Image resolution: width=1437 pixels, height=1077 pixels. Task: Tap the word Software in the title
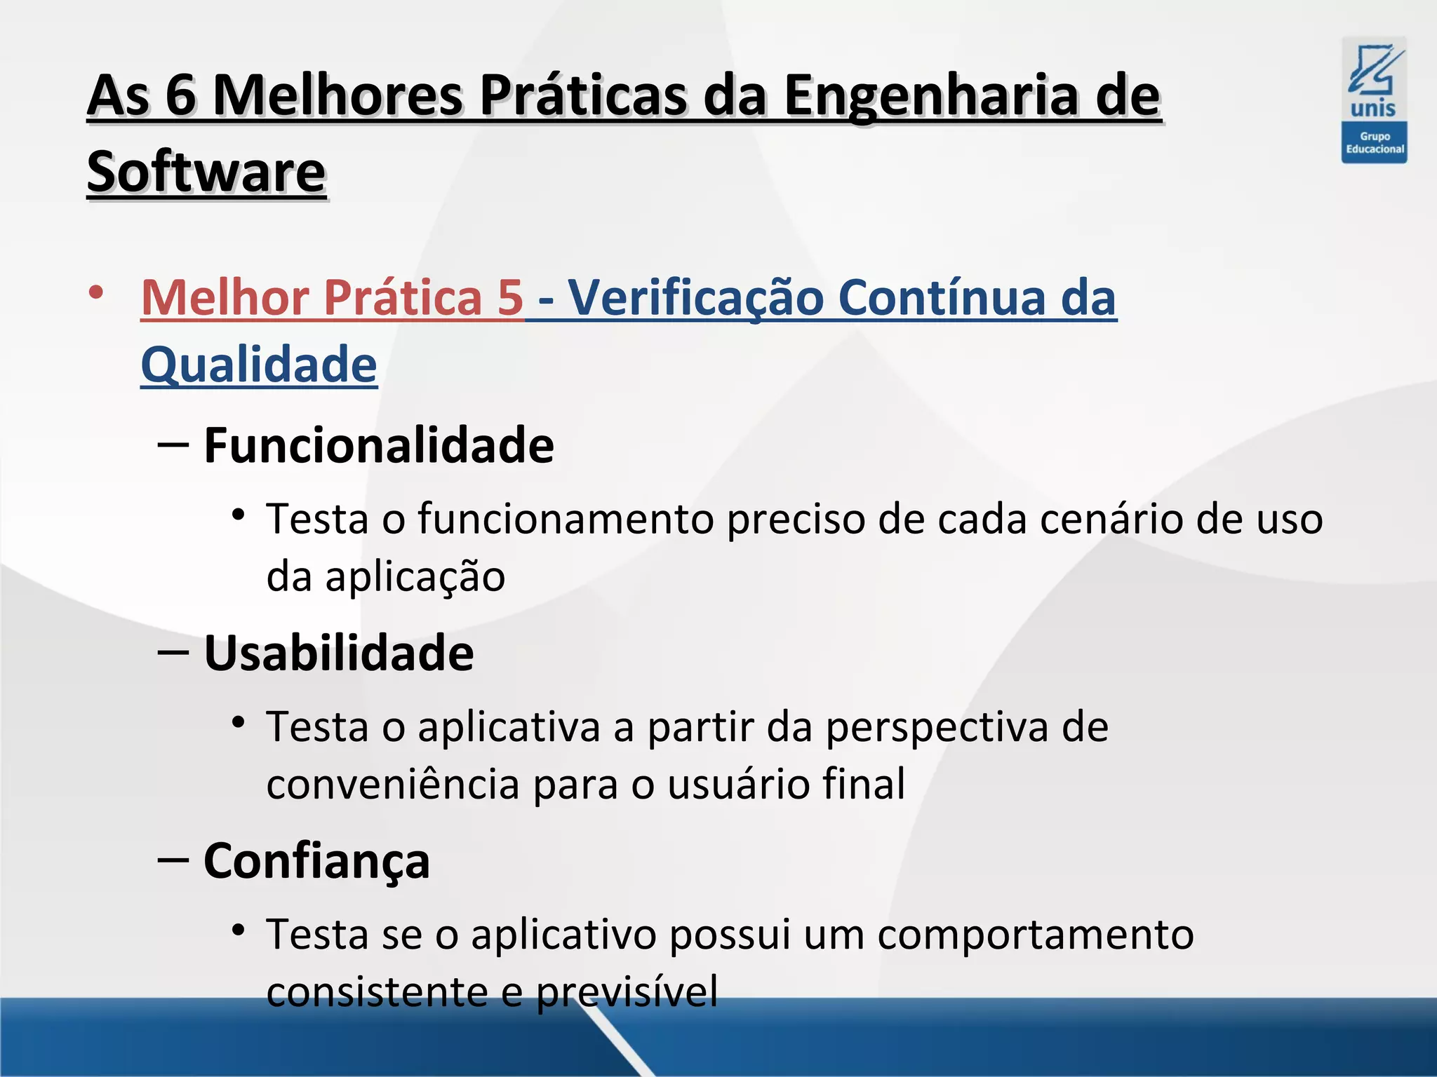click(206, 172)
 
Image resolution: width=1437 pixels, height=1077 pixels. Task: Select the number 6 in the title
click(180, 96)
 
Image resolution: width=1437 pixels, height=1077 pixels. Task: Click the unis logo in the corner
click(1374, 81)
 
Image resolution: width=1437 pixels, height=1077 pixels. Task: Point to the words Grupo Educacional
click(1375, 143)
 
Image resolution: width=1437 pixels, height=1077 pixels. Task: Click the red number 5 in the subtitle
click(510, 297)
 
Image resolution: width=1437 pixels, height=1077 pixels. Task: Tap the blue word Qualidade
click(259, 365)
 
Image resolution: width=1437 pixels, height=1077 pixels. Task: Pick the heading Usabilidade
click(339, 653)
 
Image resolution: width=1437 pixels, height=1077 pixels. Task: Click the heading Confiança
click(316, 861)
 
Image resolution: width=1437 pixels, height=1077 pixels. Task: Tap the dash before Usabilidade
click(173, 652)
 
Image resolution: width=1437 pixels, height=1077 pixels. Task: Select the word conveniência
click(393, 784)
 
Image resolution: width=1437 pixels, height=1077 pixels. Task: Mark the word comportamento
click(1035, 935)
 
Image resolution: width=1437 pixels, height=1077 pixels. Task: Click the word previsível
click(627, 992)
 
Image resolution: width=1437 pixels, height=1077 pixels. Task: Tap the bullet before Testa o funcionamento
click(239, 515)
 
